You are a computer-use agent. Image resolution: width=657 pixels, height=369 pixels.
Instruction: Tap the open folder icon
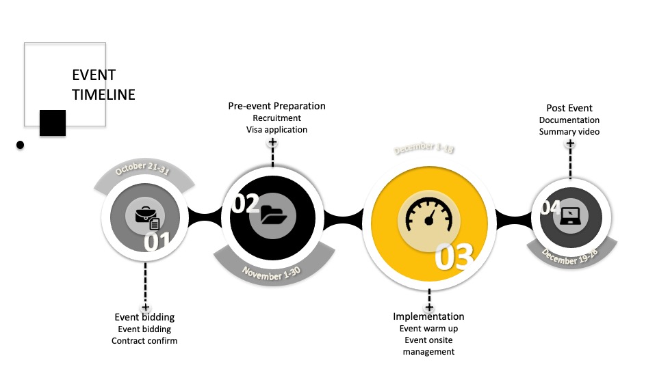(x=276, y=216)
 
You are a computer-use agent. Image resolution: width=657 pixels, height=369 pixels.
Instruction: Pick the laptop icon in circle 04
(x=570, y=216)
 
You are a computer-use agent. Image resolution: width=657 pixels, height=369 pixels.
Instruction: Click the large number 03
(x=454, y=258)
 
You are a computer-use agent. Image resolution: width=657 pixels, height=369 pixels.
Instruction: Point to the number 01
(x=157, y=241)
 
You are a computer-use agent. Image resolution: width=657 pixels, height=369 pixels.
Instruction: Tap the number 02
(x=245, y=203)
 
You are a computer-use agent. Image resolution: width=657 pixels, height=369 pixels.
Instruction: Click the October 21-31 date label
(x=142, y=169)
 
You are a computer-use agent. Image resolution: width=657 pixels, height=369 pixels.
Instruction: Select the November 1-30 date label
(x=271, y=273)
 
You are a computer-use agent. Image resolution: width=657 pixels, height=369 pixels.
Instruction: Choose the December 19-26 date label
(x=571, y=257)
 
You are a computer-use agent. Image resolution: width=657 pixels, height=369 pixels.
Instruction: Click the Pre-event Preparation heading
(x=276, y=106)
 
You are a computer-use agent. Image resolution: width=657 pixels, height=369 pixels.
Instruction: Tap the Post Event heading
(x=569, y=108)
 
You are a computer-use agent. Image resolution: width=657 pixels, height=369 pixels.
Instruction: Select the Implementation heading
(x=428, y=316)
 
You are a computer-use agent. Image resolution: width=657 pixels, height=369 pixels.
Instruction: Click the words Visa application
(x=276, y=130)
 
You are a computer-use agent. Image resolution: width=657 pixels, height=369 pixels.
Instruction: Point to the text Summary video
(x=569, y=132)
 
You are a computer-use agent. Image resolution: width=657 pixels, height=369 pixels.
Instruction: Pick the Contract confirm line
(x=144, y=340)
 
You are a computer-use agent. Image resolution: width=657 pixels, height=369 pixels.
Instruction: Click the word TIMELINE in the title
(x=103, y=95)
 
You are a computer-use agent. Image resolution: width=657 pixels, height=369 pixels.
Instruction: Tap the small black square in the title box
(x=53, y=122)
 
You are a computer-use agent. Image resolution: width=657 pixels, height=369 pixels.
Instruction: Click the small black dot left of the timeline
(x=21, y=145)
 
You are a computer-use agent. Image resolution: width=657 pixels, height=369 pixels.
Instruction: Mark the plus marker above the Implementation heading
(x=429, y=307)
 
